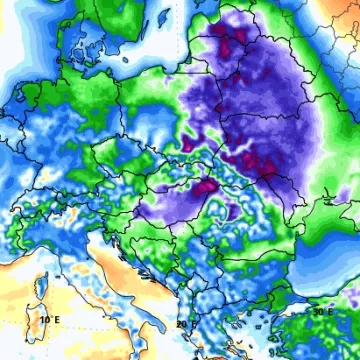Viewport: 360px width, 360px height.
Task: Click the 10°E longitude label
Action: coord(47,319)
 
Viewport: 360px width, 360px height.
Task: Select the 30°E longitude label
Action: coord(321,312)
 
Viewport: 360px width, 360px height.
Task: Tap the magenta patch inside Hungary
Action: coord(205,185)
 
